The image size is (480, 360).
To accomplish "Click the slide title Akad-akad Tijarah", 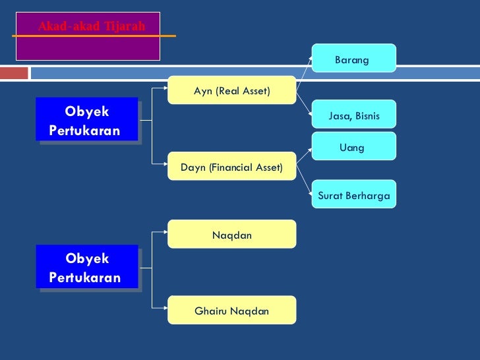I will pos(91,27).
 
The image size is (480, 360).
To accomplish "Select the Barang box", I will pos(353,60).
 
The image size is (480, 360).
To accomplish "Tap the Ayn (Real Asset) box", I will pos(232,90).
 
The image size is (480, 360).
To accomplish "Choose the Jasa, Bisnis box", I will pos(353,116).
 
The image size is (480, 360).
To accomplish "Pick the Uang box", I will pos(353,148).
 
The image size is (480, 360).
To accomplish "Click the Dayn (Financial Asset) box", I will pos(232,167).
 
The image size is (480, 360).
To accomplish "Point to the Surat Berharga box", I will pos(353,196).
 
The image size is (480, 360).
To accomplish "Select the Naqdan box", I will pos(232,235).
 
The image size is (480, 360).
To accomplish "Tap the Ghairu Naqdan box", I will pos(232,311).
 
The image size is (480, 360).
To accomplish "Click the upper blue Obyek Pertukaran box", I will pos(87,121).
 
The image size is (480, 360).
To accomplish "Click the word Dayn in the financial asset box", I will pos(193,167).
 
